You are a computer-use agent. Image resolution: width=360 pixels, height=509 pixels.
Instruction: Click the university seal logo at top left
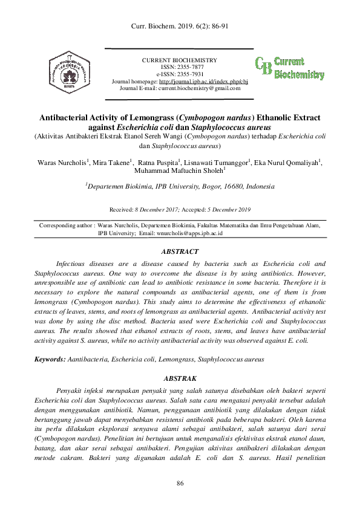point(71,70)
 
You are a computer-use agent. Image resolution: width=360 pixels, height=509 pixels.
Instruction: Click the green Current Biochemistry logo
point(289,68)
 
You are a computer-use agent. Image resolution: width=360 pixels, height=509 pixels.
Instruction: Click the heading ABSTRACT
point(180,251)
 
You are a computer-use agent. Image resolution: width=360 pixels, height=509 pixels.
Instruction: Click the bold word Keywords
point(50,359)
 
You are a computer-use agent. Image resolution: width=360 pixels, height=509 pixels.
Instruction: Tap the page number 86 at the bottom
point(180,482)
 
